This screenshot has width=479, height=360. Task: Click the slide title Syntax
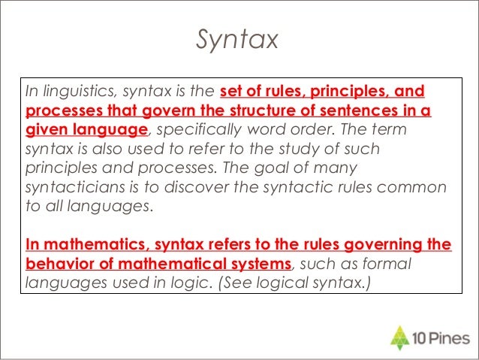coord(236,39)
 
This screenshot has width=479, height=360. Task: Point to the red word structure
coord(252,111)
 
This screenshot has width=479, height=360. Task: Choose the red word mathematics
coord(89,245)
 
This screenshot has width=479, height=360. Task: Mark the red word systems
coord(258,264)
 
